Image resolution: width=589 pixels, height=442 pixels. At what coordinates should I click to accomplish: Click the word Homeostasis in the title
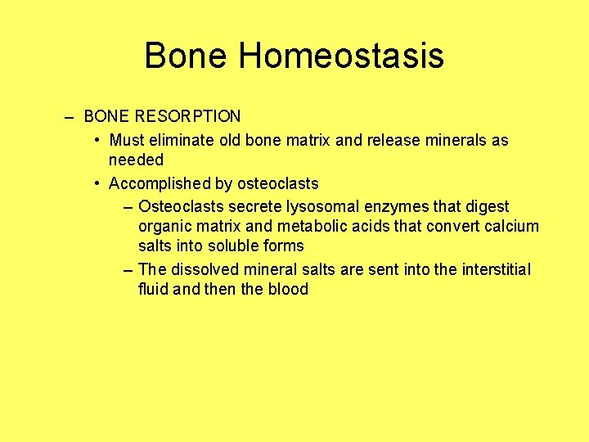coord(341,56)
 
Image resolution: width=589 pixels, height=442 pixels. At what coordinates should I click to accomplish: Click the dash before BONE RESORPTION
coord(70,117)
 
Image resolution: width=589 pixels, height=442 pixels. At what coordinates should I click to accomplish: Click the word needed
coord(136,160)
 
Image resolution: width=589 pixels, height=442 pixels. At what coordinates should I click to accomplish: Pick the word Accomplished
coord(156,183)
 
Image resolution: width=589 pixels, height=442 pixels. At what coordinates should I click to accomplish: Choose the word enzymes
coord(396,206)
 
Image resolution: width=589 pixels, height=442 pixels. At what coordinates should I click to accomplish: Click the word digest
coord(486,206)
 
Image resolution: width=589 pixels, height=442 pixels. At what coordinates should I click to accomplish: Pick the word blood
coord(288,289)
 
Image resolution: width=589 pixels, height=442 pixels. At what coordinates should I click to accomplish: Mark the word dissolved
coord(202,269)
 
